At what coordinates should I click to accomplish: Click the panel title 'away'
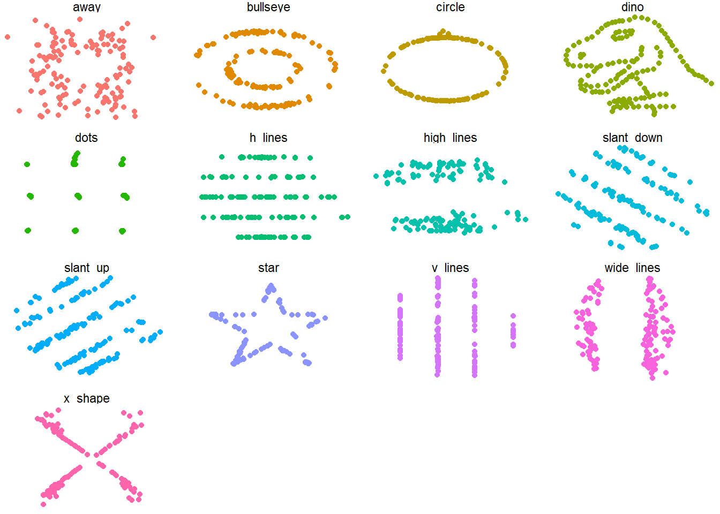pos(86,7)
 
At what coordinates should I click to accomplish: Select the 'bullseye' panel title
pos(268,7)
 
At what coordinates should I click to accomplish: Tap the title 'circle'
pos(450,7)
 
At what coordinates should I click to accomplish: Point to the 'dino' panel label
pos(632,7)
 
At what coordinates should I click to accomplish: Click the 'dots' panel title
pos(86,138)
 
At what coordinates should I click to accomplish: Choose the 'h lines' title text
pos(268,138)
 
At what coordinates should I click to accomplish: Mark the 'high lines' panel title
pos(450,138)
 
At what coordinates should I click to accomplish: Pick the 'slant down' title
pos(632,138)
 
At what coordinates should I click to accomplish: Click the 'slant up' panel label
pos(86,268)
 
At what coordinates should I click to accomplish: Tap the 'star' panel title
pos(268,268)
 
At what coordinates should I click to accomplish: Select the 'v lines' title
pos(450,268)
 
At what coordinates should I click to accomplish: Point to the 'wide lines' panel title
pos(632,268)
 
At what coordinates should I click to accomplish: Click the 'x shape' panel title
pos(86,398)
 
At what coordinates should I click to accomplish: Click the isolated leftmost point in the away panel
pos(7,37)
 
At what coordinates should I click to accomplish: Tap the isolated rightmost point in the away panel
pos(153,37)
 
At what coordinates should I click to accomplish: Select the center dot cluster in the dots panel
pos(78,196)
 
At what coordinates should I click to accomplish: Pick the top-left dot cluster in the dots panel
pos(27,164)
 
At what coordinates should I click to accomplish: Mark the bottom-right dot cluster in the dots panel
pos(122,231)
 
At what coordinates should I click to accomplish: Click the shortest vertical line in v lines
pos(513,331)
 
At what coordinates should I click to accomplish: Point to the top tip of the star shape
pos(271,288)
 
